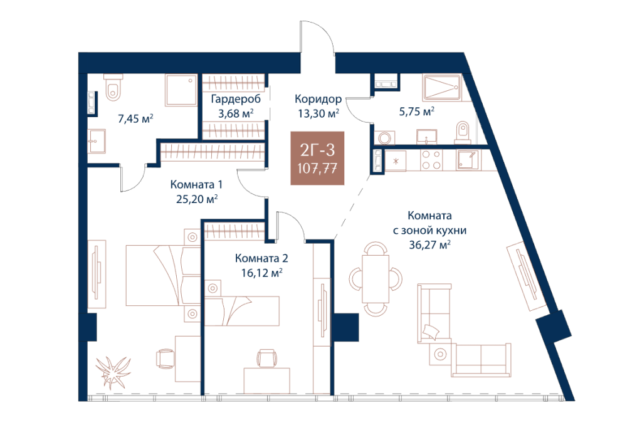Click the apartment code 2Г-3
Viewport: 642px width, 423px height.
coord(317,150)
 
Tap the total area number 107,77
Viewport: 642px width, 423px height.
coord(317,168)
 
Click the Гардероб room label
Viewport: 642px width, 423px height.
coord(236,99)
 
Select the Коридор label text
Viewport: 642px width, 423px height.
coord(318,99)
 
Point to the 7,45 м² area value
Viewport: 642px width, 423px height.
coord(135,119)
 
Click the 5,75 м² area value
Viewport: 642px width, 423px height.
coord(417,111)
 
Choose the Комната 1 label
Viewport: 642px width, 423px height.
coord(196,184)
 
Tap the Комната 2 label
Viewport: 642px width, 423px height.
coord(261,258)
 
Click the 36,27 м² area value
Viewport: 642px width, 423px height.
coord(430,244)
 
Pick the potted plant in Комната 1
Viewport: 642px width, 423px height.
coord(113,371)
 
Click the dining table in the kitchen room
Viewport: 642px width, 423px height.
coord(376,279)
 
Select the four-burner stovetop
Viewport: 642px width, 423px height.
coord(431,160)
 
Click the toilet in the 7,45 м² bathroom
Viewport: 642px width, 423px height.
coord(113,88)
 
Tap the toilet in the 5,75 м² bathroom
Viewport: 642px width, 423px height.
coord(463,132)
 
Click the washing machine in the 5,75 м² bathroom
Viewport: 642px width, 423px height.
coord(384,137)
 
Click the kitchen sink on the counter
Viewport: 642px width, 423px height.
coord(467,160)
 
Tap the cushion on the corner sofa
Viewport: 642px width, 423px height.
coord(431,331)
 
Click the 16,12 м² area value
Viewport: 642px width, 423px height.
coord(261,273)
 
